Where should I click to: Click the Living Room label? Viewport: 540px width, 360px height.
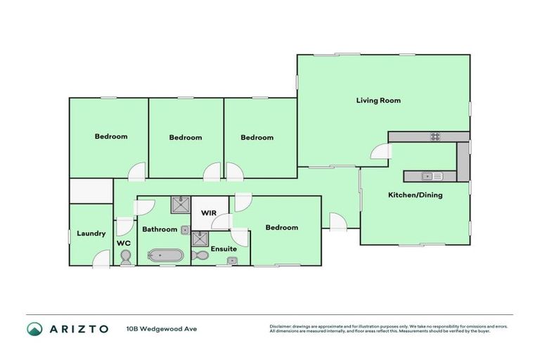click(x=378, y=101)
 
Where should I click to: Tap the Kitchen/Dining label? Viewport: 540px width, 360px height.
click(x=416, y=195)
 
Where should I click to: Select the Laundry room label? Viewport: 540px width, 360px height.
click(x=91, y=233)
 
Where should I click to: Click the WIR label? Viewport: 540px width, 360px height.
click(x=208, y=212)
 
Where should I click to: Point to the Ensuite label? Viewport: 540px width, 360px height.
click(x=224, y=249)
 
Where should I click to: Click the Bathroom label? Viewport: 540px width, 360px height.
click(x=160, y=229)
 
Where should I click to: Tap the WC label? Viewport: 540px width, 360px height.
click(x=124, y=243)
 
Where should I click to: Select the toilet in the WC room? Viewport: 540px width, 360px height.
click(x=126, y=259)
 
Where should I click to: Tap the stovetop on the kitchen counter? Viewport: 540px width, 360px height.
click(x=435, y=136)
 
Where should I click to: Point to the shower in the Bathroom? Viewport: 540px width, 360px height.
click(x=179, y=205)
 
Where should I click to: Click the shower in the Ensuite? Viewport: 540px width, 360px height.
click(x=200, y=238)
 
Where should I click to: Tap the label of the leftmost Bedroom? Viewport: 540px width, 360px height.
click(x=111, y=136)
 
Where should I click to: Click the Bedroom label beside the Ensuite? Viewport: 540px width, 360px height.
click(x=281, y=227)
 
